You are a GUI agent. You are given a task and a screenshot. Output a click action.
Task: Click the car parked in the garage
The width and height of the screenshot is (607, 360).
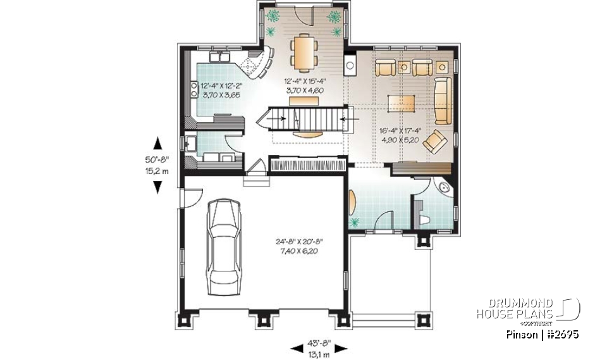224,242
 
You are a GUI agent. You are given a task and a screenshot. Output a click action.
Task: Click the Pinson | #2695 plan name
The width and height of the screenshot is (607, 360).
543,333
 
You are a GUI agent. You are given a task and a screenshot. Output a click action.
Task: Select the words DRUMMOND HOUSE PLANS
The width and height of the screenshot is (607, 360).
515,308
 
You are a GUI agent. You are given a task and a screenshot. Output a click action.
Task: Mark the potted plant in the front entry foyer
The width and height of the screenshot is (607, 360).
354,221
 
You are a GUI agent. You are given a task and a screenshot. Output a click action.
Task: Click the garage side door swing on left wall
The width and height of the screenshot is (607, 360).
188,197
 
